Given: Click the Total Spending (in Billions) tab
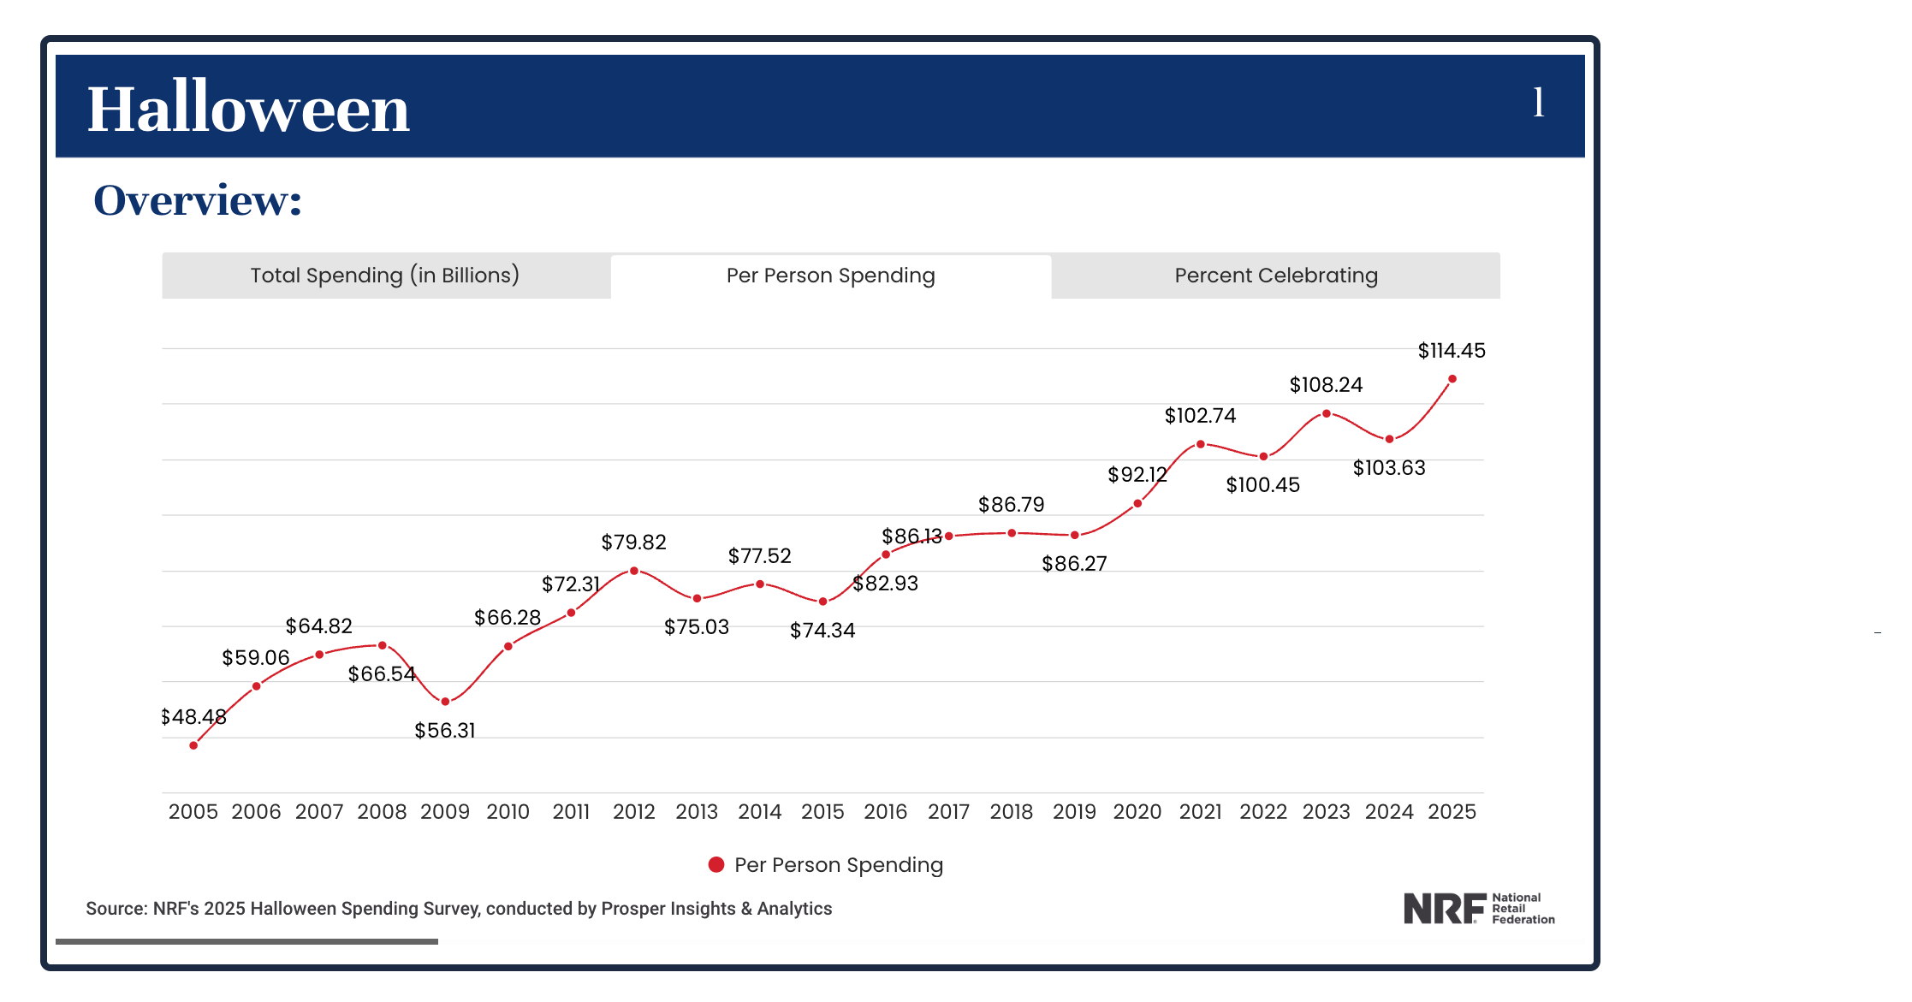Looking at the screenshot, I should [x=385, y=276].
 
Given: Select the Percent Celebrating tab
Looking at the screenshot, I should [x=1275, y=276].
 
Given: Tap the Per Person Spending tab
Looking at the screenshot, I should [x=830, y=276].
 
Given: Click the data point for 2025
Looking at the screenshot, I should [x=1452, y=379].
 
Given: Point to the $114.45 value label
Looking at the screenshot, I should [x=1452, y=351].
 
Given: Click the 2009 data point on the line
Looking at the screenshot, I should [x=445, y=702].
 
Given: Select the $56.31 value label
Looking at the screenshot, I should [x=445, y=731].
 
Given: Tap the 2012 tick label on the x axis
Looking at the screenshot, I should [x=633, y=812].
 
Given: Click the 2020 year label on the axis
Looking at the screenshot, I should [x=1137, y=812].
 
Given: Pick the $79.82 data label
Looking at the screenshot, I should [x=633, y=543].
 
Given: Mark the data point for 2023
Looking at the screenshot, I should [x=1327, y=413].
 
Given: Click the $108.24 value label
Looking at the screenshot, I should [x=1326, y=385].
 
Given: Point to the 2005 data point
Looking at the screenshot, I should [x=193, y=745].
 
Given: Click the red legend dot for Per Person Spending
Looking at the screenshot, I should [x=716, y=865].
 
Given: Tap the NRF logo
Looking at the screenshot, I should [x=1478, y=909].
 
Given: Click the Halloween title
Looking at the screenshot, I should [x=248, y=109].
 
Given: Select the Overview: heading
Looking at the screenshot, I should [x=198, y=201].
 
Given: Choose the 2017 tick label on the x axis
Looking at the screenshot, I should [x=948, y=812].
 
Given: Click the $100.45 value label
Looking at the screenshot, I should [x=1262, y=485].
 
